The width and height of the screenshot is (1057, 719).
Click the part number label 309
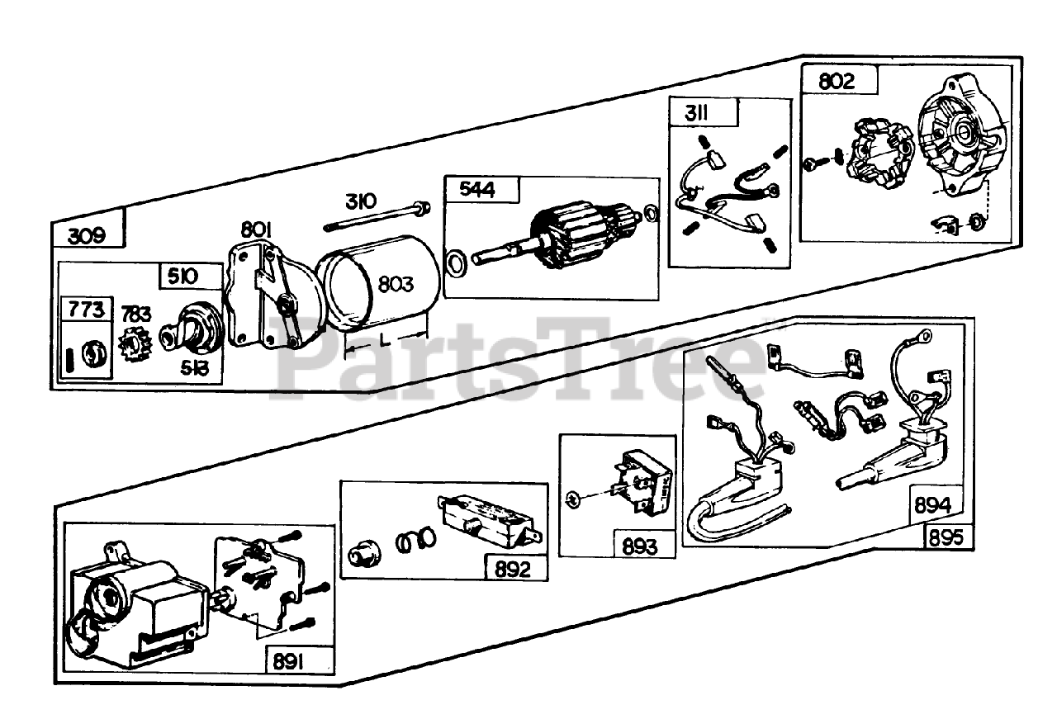[x=87, y=235]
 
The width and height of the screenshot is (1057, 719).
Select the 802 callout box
[x=837, y=82]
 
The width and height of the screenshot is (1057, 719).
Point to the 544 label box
[x=478, y=191]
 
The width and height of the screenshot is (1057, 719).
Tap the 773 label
[x=88, y=310]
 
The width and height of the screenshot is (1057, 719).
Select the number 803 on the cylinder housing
[x=397, y=283]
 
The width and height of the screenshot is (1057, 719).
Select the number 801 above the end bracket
[x=258, y=228]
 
